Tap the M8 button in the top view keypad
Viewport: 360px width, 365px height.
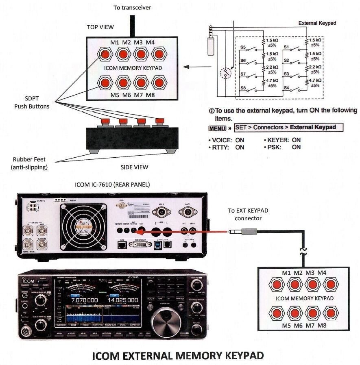coord(160,83)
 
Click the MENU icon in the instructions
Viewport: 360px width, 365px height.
coord(217,128)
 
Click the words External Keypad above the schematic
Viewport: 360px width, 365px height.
coord(317,23)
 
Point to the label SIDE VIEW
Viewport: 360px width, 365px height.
coord(134,167)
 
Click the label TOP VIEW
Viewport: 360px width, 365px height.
coord(100,27)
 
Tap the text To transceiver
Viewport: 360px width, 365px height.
coord(132,7)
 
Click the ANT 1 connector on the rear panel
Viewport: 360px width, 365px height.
coord(188,212)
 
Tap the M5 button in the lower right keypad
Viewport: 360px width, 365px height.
coord(277,313)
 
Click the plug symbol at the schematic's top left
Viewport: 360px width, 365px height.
coord(210,41)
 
